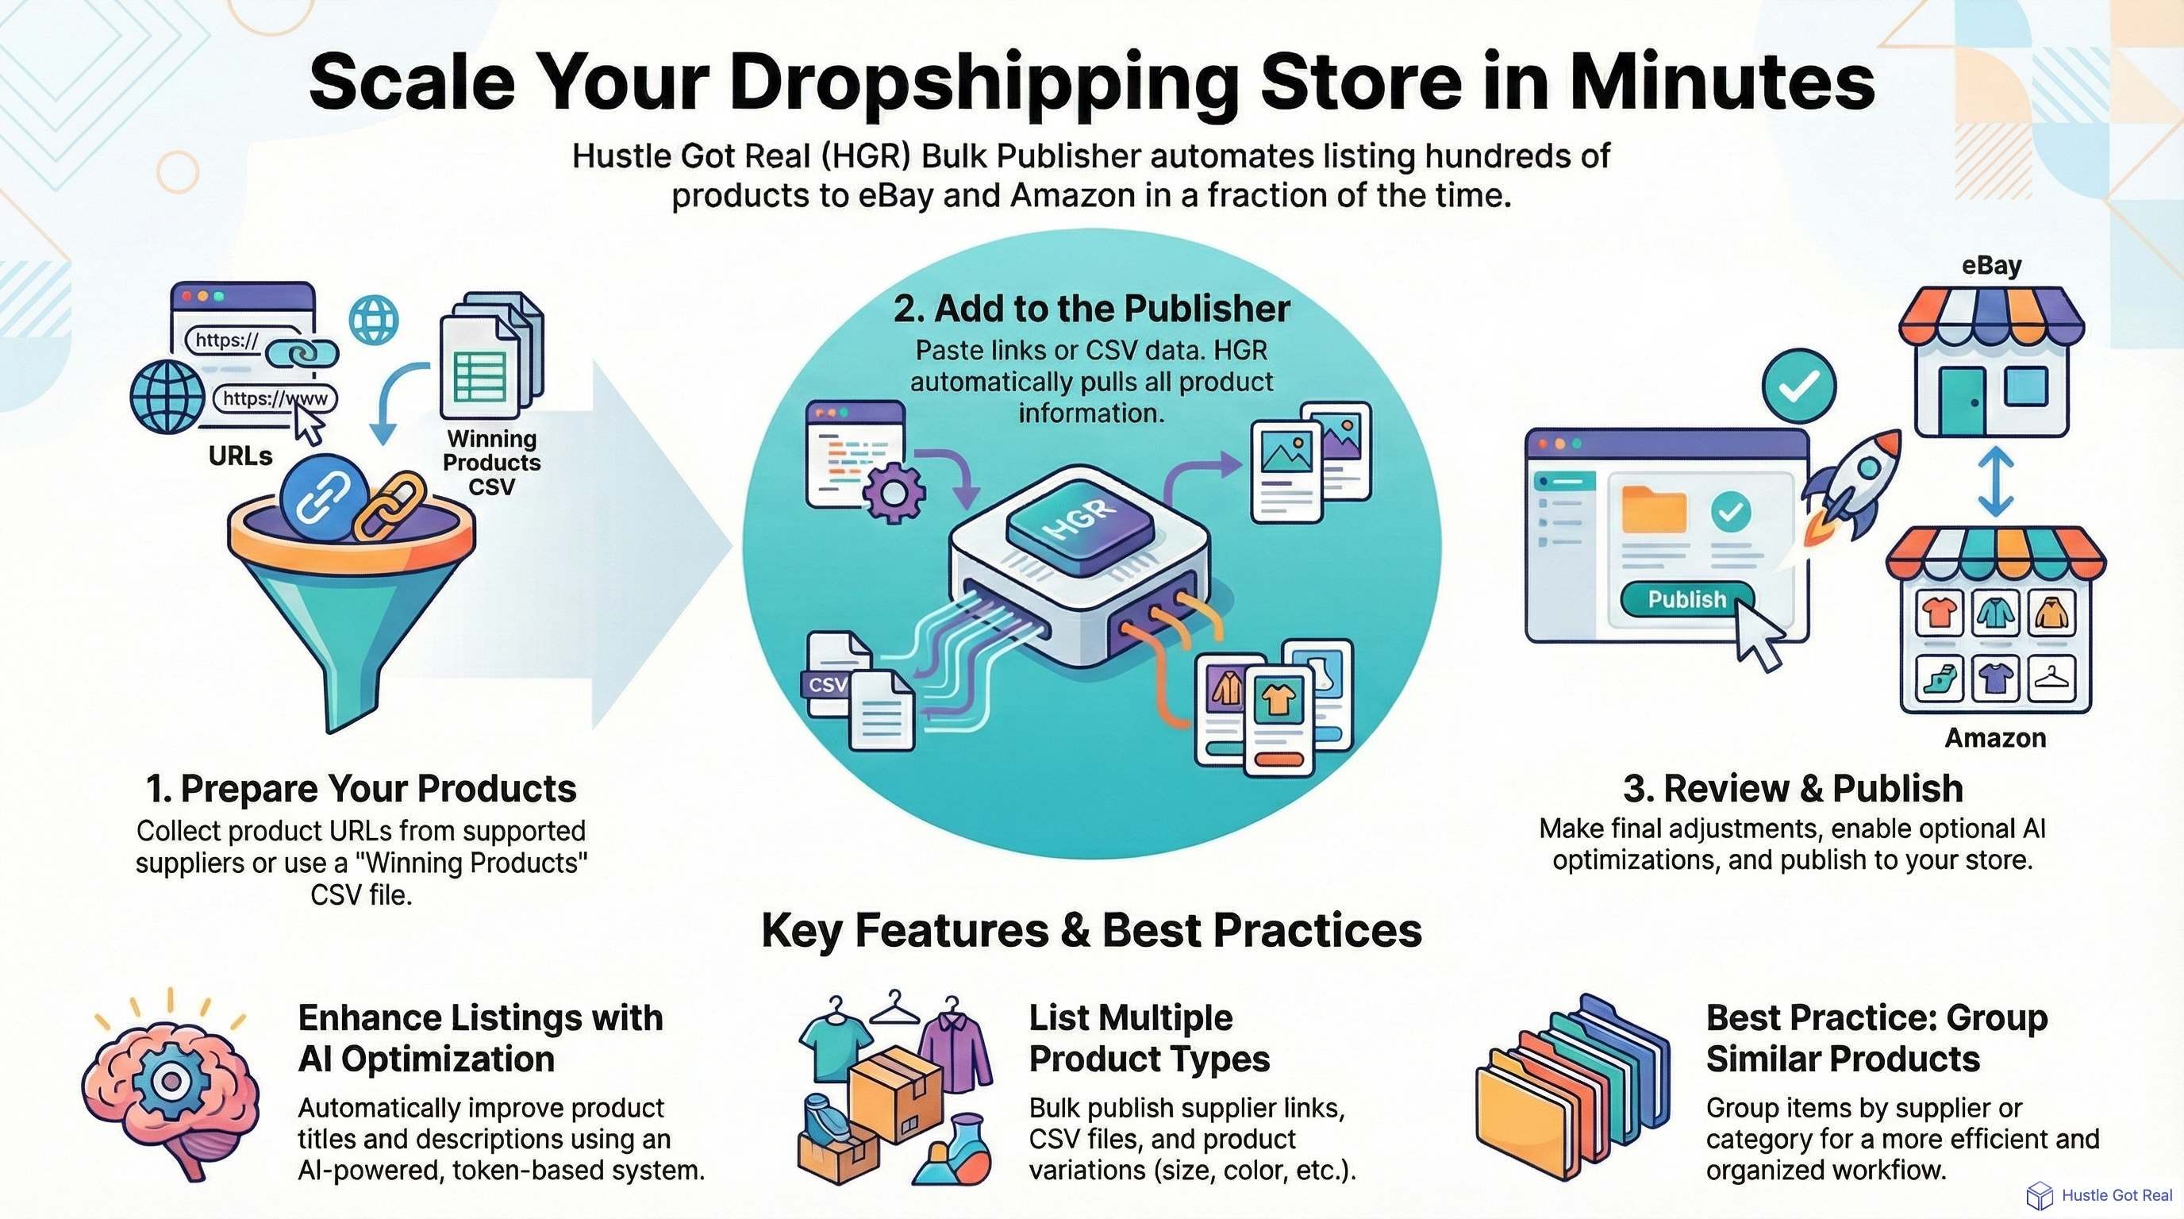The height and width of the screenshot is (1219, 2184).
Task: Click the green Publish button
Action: (x=1686, y=599)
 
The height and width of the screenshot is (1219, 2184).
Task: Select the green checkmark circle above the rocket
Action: (x=1798, y=386)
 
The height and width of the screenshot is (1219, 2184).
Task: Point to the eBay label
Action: (x=1990, y=265)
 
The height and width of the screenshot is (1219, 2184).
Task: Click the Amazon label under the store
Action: (x=1995, y=737)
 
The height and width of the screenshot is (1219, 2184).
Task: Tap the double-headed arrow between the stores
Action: (x=1995, y=482)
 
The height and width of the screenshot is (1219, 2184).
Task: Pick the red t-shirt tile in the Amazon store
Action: (x=1939, y=612)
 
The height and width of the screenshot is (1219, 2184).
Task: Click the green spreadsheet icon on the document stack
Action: (x=480, y=377)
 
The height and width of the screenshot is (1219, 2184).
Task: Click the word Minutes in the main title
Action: (x=1721, y=83)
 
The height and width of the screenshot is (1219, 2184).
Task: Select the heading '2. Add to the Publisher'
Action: (x=1091, y=309)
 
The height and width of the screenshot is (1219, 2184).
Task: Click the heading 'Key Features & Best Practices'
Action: (x=1091, y=930)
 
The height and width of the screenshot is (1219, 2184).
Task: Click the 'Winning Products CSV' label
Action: (x=492, y=462)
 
